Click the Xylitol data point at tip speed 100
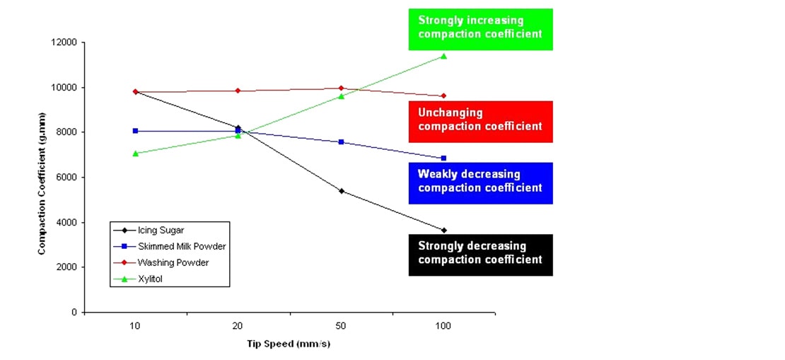pos(443,56)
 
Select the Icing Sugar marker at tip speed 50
pos(341,191)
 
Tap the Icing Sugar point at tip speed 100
pos(443,230)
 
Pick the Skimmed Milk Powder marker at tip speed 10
pos(135,131)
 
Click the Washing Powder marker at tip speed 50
pos(341,88)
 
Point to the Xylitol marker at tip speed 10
pos(135,153)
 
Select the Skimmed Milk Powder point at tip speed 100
pos(443,158)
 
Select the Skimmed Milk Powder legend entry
pos(169,246)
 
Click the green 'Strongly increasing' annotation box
pos(480,28)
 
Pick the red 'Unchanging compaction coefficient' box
pos(480,120)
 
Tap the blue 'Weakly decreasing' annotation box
pos(480,182)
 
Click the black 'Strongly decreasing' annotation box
pos(480,253)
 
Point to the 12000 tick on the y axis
pos(66,42)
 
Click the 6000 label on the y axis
pos(68,178)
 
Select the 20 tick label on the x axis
pos(238,326)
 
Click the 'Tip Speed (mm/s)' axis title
pos(289,344)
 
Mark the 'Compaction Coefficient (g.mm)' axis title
pos(42,177)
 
